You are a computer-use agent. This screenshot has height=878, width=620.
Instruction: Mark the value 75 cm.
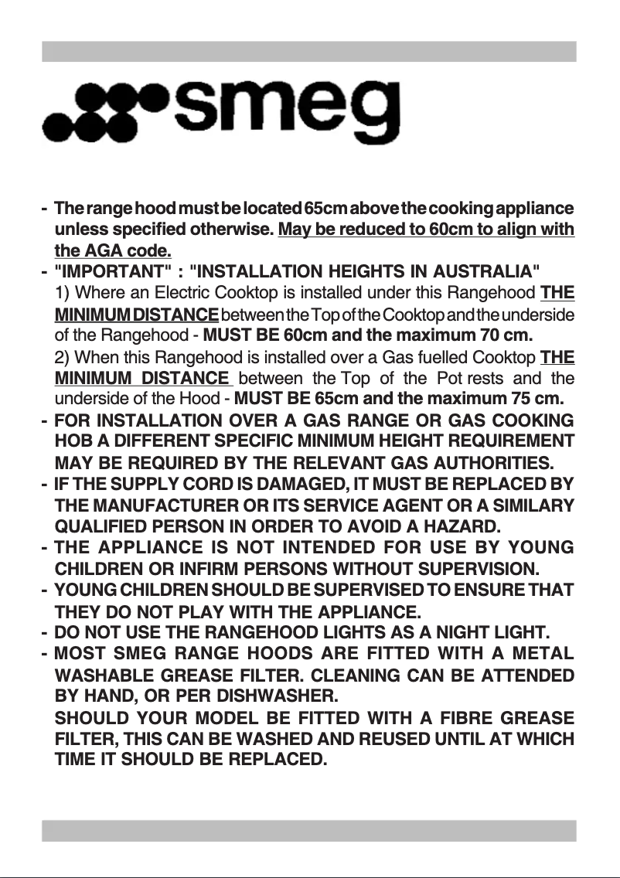pos(540,400)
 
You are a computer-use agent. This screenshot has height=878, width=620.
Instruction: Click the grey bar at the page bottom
pos(309,831)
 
